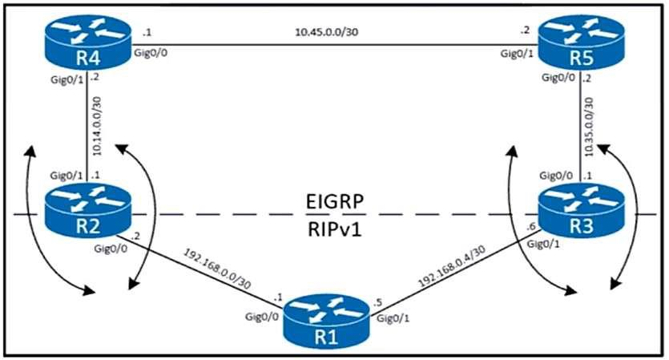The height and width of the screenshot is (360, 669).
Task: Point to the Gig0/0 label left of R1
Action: tap(263, 319)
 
